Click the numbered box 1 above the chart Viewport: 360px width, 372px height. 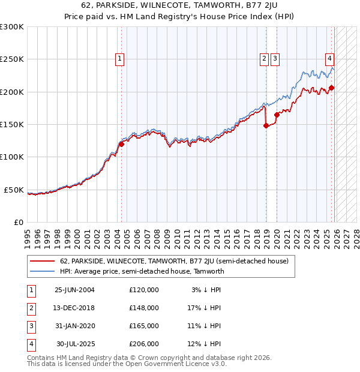point(120,58)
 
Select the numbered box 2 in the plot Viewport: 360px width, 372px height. point(264,58)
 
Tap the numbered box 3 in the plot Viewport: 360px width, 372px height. point(275,58)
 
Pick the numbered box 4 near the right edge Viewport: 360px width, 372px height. point(330,58)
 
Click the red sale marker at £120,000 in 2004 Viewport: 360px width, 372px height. point(121,144)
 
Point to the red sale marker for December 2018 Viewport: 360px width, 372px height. point(266,126)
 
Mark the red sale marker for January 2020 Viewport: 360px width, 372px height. point(277,115)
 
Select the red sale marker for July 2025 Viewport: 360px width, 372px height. point(332,88)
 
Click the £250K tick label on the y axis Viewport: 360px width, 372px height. point(12,59)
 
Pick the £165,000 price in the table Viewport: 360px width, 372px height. point(144,326)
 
